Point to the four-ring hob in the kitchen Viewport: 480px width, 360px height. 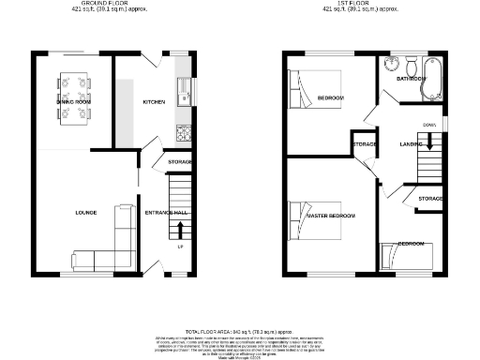pos(184,133)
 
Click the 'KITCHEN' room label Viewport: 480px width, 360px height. pos(154,101)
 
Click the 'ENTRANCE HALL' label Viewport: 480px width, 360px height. pos(166,213)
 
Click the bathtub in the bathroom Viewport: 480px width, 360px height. pos(432,81)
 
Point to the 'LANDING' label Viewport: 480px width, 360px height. pos(410,143)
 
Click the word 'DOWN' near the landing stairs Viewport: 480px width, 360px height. pos(428,124)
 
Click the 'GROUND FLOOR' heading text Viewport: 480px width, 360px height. pos(105,4)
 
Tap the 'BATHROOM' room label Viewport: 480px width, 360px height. pos(411,79)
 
